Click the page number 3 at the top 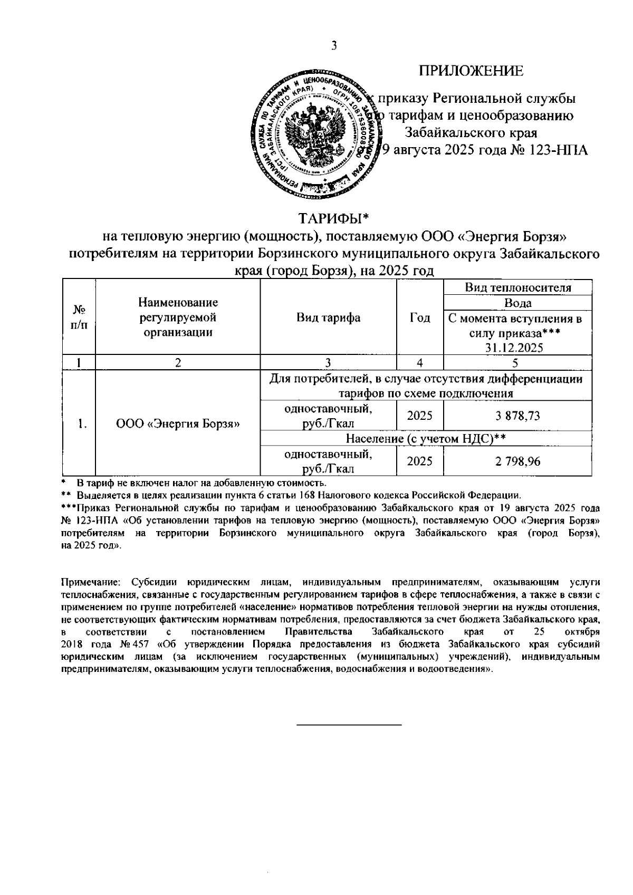[x=333, y=45]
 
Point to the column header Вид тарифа [x=328, y=317]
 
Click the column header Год [x=420, y=317]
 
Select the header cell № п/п [x=79, y=317]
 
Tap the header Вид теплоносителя [x=517, y=287]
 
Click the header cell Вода [x=517, y=303]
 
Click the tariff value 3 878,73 [x=517, y=416]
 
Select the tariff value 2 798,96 [x=517, y=461]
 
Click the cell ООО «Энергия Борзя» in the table [x=178, y=424]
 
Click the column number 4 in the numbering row [x=420, y=363]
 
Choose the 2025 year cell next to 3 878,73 [x=420, y=416]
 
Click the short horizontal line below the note [x=349, y=726]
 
